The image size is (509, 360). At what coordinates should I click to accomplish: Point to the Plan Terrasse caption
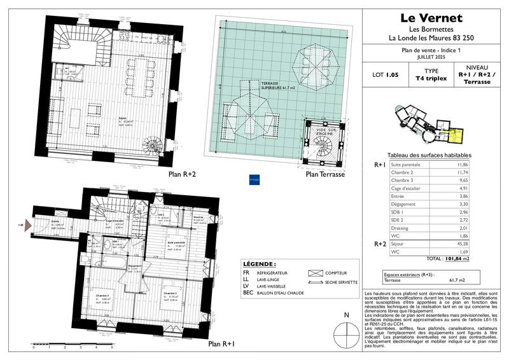324,174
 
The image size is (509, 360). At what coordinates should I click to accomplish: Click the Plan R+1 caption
222,344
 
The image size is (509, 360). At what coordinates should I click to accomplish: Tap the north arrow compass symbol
346,331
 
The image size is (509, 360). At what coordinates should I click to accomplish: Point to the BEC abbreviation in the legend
249,293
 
